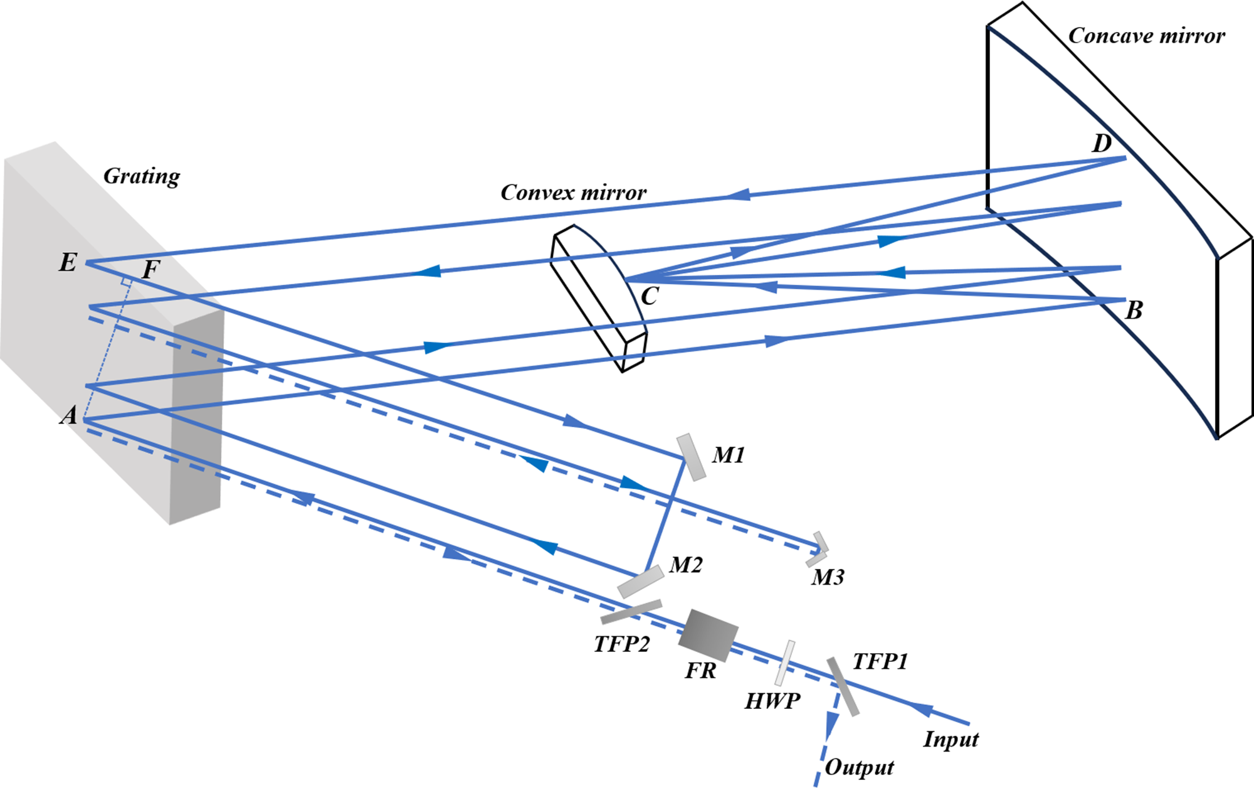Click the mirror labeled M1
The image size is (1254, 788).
(691, 457)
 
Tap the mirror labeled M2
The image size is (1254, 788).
(640, 582)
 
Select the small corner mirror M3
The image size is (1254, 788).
(818, 550)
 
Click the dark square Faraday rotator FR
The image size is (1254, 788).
(708, 635)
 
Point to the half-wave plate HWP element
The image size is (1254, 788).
(784, 663)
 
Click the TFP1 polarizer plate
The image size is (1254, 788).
(842, 686)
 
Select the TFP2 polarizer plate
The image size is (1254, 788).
(631, 612)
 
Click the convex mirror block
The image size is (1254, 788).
(599, 298)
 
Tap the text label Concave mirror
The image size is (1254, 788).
(1146, 36)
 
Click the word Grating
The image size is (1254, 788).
(142, 176)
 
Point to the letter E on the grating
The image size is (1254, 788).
(68, 262)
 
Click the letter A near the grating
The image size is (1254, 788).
(69, 415)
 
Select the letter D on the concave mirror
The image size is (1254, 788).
(1102, 144)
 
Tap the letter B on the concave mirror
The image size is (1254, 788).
(1134, 310)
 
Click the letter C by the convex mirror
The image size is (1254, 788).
(650, 295)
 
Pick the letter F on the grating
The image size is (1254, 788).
(150, 269)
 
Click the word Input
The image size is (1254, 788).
(951, 739)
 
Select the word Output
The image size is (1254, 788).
(859, 767)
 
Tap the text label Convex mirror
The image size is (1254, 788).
(573, 193)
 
